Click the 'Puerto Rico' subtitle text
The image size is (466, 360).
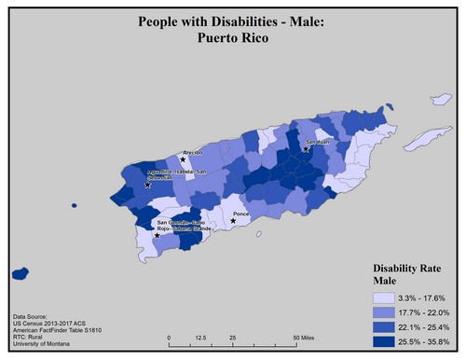(x=232, y=38)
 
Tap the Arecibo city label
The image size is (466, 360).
(x=192, y=150)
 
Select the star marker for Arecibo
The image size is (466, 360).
(x=183, y=159)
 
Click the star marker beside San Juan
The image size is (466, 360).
(x=306, y=148)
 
